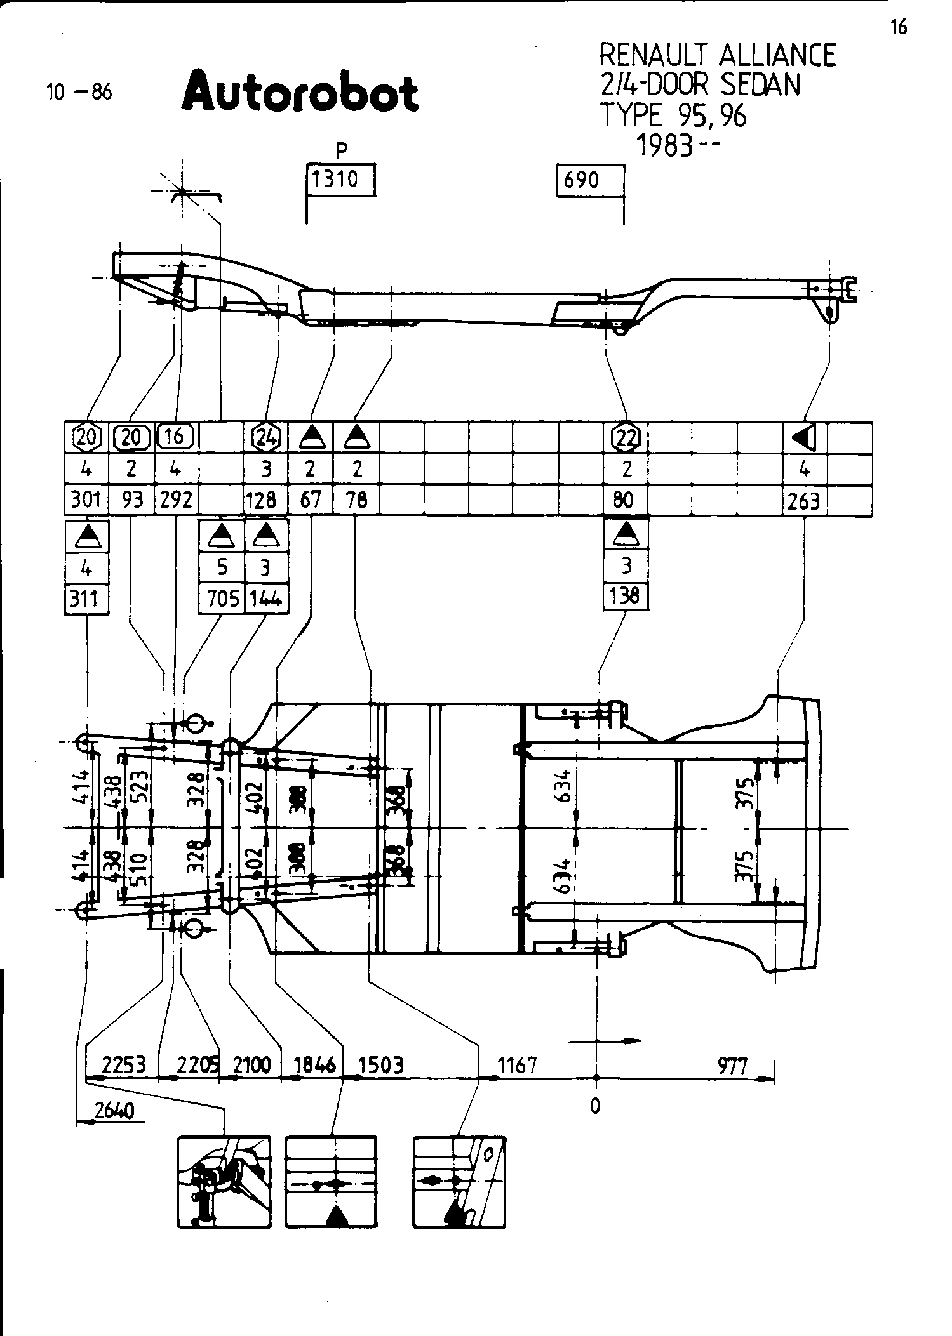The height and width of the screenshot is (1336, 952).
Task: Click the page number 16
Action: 899,27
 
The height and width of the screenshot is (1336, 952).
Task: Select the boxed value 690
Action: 582,180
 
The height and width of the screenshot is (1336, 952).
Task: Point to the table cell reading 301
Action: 86,500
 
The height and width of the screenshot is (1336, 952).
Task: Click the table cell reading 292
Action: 176,500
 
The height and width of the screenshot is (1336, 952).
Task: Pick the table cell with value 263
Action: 804,501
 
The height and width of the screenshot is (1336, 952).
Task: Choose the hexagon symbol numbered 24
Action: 266,437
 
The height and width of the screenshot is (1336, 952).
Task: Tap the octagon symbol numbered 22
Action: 626,437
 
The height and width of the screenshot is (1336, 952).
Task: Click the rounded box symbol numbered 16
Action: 176,436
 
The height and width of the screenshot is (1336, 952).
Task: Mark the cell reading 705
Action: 222,599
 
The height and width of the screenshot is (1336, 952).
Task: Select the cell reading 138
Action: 626,596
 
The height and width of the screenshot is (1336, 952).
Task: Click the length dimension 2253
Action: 124,1064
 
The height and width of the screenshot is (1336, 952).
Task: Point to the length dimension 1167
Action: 518,1064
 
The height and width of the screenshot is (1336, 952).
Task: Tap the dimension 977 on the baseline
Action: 733,1064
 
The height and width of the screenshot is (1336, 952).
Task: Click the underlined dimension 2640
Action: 114,1111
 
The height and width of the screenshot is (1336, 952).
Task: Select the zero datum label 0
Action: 595,1106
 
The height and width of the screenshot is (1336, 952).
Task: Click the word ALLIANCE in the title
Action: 777,56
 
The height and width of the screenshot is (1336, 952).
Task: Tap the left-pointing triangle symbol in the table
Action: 804,437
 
